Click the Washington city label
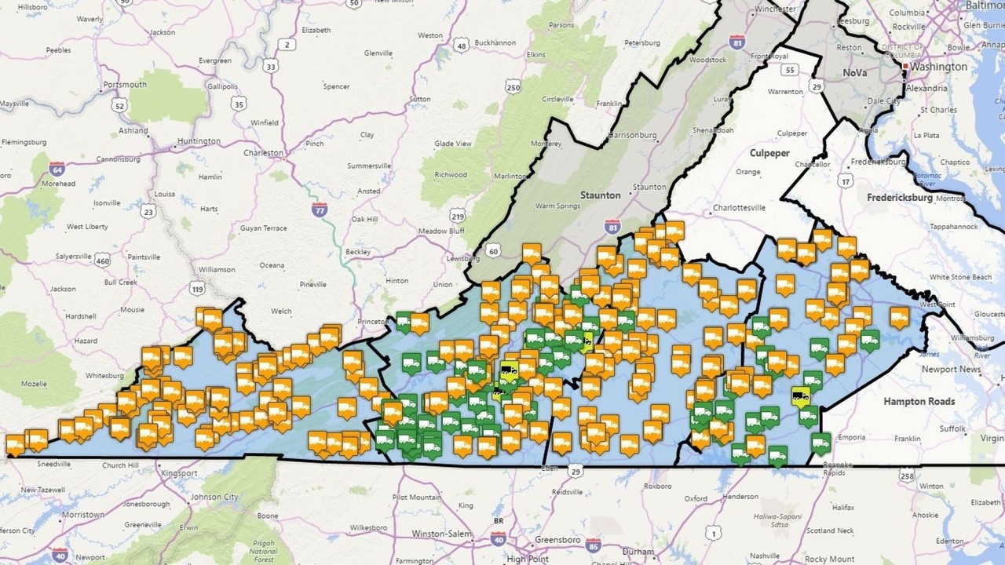940,67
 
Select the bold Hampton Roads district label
919,401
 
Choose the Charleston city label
263,153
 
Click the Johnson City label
214,497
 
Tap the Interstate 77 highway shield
319,210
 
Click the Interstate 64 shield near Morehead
57,168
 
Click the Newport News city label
951,369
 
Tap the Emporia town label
853,437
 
